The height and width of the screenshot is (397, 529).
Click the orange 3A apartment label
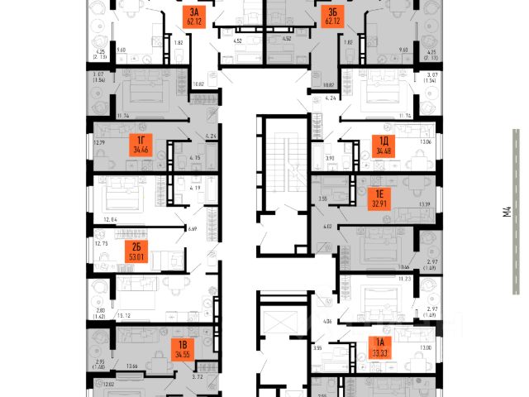(x=194, y=17)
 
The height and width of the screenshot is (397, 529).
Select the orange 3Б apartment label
(x=333, y=17)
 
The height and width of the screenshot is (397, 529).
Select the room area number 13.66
(x=129, y=366)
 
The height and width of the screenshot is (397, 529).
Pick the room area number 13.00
(x=426, y=347)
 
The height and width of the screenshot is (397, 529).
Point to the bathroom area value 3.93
(x=329, y=157)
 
